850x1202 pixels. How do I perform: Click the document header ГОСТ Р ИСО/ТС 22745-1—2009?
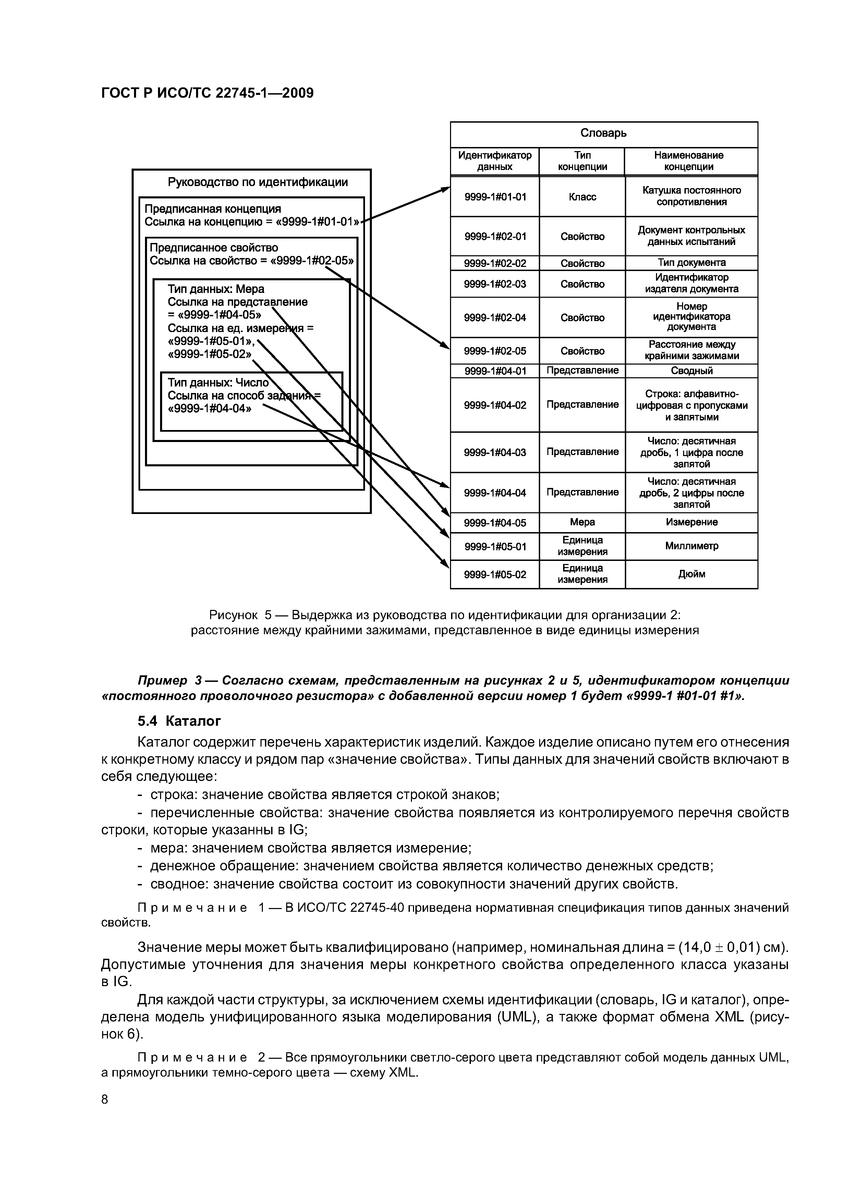pyautogui.click(x=207, y=93)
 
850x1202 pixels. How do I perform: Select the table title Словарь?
pyautogui.click(x=603, y=133)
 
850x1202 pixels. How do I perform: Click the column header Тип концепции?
pyautogui.click(x=582, y=161)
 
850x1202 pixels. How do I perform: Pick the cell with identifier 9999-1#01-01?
pyautogui.click(x=495, y=197)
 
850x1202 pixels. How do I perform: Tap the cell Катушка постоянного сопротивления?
pyautogui.click(x=691, y=196)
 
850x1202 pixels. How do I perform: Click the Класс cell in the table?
pyautogui.click(x=582, y=197)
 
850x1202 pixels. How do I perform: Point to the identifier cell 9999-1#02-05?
pyautogui.click(x=495, y=351)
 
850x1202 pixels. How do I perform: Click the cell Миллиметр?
pyautogui.click(x=691, y=546)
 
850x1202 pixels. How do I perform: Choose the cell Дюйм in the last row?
pyautogui.click(x=691, y=574)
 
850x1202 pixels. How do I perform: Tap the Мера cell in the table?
pyautogui.click(x=582, y=523)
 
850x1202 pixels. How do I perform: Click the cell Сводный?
pyautogui.click(x=691, y=371)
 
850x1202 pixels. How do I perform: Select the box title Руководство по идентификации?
pyautogui.click(x=258, y=182)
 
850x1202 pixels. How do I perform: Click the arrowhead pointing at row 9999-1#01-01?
pyautogui.click(x=446, y=189)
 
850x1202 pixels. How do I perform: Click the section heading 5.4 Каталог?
pyautogui.click(x=179, y=721)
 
